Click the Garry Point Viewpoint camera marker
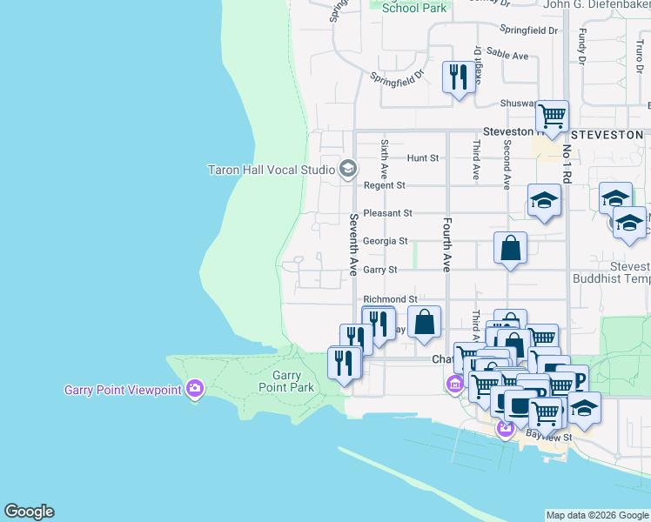tap(195, 388)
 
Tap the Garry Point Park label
tap(286, 381)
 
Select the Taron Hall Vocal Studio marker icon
tap(348, 169)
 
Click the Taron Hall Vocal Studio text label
tap(272, 170)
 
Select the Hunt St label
tap(423, 158)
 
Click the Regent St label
tap(385, 185)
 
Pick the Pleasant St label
tap(387, 212)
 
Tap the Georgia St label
tap(385, 241)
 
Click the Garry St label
tap(380, 270)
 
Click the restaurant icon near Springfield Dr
tap(457, 77)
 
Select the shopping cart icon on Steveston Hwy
tap(552, 115)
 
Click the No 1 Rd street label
tap(567, 164)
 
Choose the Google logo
tap(29, 512)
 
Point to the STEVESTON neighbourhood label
tap(607, 136)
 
